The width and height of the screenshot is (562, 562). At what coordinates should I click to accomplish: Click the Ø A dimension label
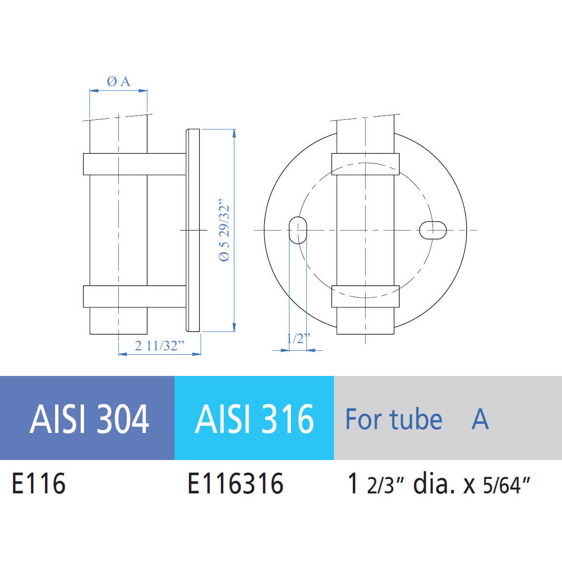pyautogui.click(x=118, y=82)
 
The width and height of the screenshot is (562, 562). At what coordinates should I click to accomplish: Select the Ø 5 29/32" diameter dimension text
pyautogui.click(x=225, y=230)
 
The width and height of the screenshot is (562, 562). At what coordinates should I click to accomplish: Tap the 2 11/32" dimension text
pyautogui.click(x=159, y=346)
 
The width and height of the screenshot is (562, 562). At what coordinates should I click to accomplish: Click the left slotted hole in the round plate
pyautogui.click(x=298, y=230)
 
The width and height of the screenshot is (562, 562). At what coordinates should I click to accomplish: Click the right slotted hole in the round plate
pyautogui.click(x=432, y=230)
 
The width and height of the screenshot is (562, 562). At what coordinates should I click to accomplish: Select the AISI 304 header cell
pyautogui.click(x=89, y=418)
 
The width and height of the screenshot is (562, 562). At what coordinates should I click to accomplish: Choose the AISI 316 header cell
pyautogui.click(x=254, y=418)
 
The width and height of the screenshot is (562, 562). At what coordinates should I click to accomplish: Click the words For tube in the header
pyautogui.click(x=393, y=419)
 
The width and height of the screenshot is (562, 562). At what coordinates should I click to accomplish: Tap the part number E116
pyautogui.click(x=39, y=484)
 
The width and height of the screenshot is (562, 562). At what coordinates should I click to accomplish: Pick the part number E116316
pyautogui.click(x=235, y=484)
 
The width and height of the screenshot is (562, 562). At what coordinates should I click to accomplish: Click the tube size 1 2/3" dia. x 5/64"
pyautogui.click(x=439, y=484)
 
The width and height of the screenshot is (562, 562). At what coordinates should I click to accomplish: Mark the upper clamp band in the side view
pyautogui.click(x=134, y=164)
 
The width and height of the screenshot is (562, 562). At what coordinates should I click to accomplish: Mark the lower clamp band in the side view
pyautogui.click(x=134, y=296)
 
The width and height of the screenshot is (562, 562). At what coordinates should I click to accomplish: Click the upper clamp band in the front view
pyautogui.click(x=365, y=164)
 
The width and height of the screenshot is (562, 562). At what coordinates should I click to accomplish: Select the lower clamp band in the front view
pyautogui.click(x=365, y=296)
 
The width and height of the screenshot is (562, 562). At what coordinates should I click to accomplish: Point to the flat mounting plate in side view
pyautogui.click(x=193, y=230)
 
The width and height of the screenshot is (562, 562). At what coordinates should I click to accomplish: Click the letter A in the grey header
pyautogui.click(x=480, y=419)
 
